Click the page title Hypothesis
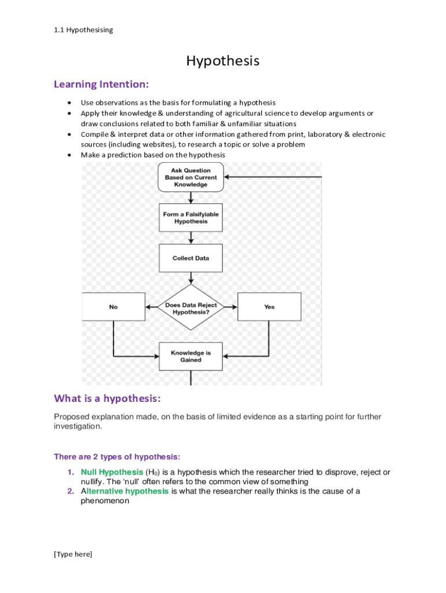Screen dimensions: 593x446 [222, 61]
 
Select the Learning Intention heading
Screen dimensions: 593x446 [101, 85]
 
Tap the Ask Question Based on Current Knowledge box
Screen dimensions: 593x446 [190, 177]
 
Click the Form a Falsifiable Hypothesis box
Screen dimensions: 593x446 [190, 218]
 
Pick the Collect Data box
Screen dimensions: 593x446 [190, 258]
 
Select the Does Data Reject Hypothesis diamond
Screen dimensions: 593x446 [191, 307]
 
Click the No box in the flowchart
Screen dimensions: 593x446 [113, 307]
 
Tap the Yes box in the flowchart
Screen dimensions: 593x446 [269, 307]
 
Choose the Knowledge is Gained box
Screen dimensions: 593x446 [190, 356]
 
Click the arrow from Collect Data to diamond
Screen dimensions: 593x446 [191, 278]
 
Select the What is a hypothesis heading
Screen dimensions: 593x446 [107, 398]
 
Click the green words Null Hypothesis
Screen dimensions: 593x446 [112, 473]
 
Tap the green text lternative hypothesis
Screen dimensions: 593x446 [127, 492]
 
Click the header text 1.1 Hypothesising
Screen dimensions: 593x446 [83, 30]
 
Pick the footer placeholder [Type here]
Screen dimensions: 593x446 [73, 554]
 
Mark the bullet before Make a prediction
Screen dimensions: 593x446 [70, 155]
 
